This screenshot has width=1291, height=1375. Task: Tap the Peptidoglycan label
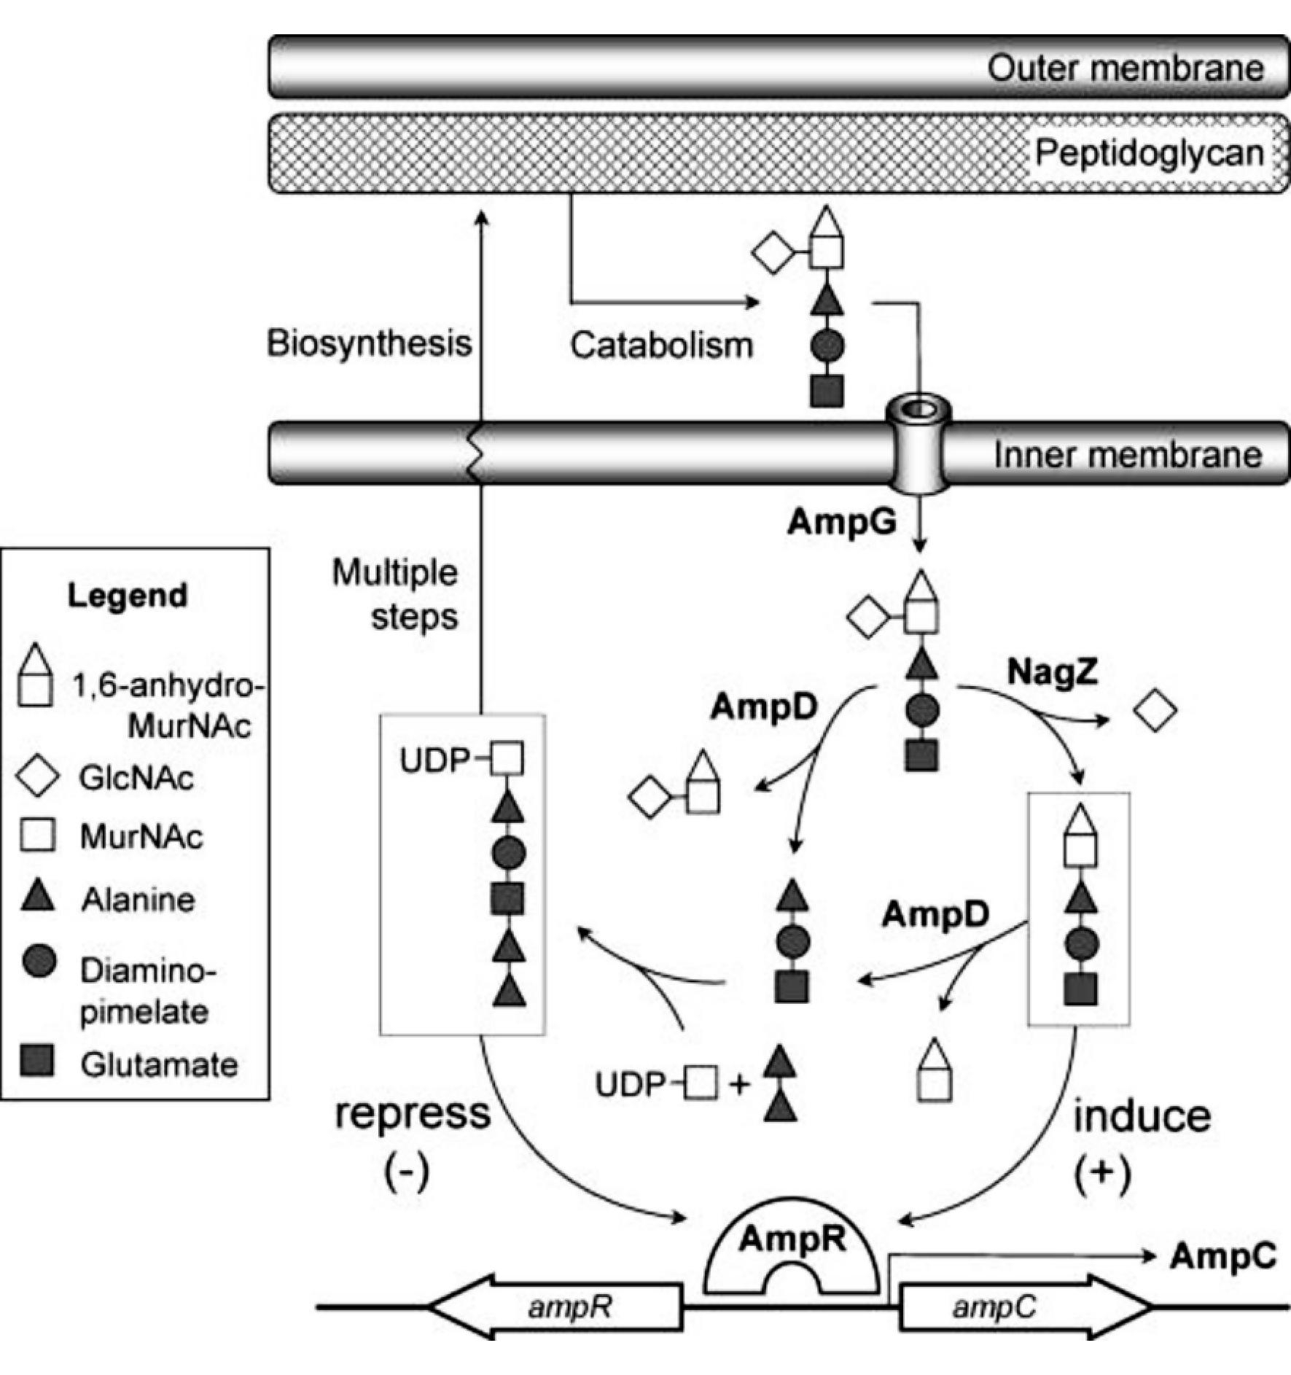pyautogui.click(x=1149, y=153)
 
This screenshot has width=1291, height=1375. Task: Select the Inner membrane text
pyautogui.click(x=1127, y=455)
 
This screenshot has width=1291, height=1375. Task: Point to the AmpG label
pyautogui.click(x=842, y=522)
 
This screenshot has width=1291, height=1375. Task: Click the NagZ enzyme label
pyautogui.click(x=1053, y=672)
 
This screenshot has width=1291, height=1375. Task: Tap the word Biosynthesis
pyautogui.click(x=369, y=343)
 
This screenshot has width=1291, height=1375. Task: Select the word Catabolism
pyautogui.click(x=661, y=346)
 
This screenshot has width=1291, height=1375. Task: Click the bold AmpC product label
pyautogui.click(x=1223, y=1256)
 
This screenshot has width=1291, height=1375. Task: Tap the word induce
pyautogui.click(x=1142, y=1116)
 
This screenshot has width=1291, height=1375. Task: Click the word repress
pyautogui.click(x=413, y=1113)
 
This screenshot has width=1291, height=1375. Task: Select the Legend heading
pyautogui.click(x=128, y=596)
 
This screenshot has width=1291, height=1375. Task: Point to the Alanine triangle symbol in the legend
pyautogui.click(x=38, y=896)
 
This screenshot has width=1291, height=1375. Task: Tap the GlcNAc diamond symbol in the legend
pyautogui.click(x=38, y=777)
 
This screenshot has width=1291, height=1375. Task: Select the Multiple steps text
pyautogui.click(x=396, y=595)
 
